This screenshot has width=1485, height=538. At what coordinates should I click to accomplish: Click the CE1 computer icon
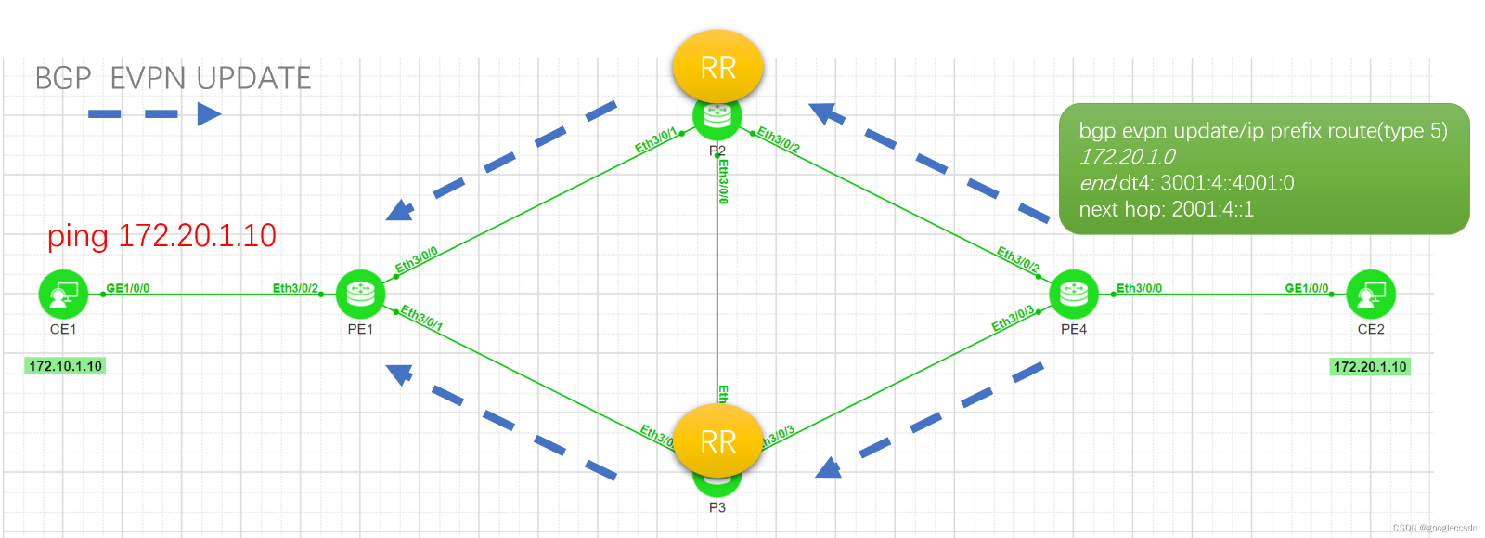pyautogui.click(x=63, y=295)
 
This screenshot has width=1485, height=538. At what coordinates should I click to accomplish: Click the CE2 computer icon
pyautogui.click(x=1371, y=295)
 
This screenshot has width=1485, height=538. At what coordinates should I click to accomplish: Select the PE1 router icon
pyautogui.click(x=360, y=295)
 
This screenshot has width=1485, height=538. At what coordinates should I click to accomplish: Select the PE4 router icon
pyautogui.click(x=1074, y=295)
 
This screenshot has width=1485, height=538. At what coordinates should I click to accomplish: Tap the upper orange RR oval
pyautogui.click(x=717, y=68)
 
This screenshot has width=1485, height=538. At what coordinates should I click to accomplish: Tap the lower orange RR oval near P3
pyautogui.click(x=717, y=442)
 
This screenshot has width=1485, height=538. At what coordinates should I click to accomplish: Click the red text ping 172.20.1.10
pyautogui.click(x=161, y=236)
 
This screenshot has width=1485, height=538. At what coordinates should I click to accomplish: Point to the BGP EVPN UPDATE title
pyautogui.click(x=173, y=78)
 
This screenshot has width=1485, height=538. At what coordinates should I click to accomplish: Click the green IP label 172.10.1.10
pyautogui.click(x=65, y=366)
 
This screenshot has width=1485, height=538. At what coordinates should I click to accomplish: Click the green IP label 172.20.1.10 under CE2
pyautogui.click(x=1370, y=367)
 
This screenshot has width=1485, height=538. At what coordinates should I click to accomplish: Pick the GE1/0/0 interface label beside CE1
pyautogui.click(x=128, y=288)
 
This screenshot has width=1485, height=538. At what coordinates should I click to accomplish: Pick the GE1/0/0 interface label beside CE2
pyautogui.click(x=1306, y=288)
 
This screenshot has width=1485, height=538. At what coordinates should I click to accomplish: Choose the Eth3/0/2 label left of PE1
pyautogui.click(x=295, y=288)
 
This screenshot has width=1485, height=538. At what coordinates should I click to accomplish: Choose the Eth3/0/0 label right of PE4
pyautogui.click(x=1139, y=288)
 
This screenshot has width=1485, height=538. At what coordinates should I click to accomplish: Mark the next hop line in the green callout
pyautogui.click(x=1166, y=209)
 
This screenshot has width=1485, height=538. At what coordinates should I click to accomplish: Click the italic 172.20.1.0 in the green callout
pyautogui.click(x=1127, y=157)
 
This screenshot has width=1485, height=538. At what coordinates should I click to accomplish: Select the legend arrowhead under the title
pyautogui.click(x=210, y=114)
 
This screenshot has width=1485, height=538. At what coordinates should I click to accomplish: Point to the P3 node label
pyautogui.click(x=717, y=507)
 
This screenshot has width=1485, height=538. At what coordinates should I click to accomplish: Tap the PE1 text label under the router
pyautogui.click(x=360, y=329)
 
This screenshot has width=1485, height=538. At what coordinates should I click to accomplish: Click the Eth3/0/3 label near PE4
pyautogui.click(x=1012, y=319)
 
